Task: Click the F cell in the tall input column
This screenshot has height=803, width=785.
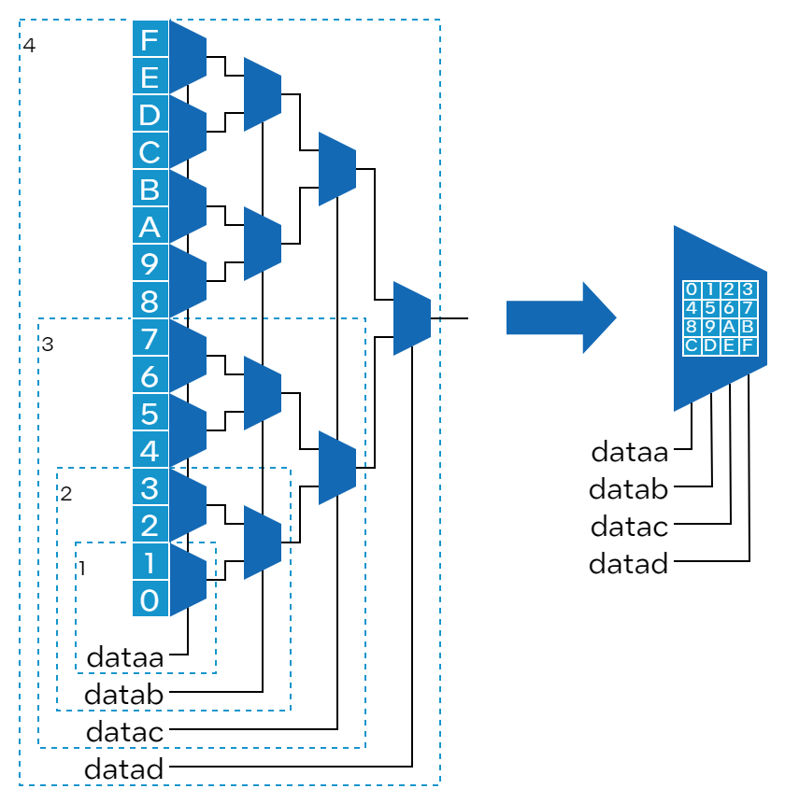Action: (x=150, y=39)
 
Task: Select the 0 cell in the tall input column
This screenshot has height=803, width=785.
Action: (x=150, y=599)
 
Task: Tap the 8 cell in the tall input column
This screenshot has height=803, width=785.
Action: (x=150, y=301)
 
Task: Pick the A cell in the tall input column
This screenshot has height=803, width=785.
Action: (x=150, y=226)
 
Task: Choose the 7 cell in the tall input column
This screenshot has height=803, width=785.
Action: (x=150, y=337)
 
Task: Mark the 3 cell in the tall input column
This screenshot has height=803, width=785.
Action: (x=150, y=486)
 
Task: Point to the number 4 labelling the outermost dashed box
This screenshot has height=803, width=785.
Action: (x=29, y=45)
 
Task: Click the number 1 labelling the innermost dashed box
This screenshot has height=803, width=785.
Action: (x=82, y=568)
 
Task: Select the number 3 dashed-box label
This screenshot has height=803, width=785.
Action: (x=48, y=344)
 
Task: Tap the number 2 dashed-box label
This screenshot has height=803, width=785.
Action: (x=66, y=493)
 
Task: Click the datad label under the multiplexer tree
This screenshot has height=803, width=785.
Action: (x=123, y=769)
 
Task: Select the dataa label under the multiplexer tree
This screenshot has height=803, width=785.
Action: (x=124, y=657)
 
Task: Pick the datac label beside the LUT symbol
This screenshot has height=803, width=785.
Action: (x=629, y=527)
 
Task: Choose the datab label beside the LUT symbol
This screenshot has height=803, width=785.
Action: (x=628, y=489)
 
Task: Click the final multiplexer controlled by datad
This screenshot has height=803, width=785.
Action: (x=412, y=318)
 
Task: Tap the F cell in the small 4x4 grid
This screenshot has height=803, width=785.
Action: (x=747, y=345)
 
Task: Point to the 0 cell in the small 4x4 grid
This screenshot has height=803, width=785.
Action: (x=692, y=289)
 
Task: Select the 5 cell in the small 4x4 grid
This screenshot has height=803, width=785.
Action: (x=710, y=308)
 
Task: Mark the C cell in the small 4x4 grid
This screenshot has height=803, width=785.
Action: (x=692, y=345)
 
